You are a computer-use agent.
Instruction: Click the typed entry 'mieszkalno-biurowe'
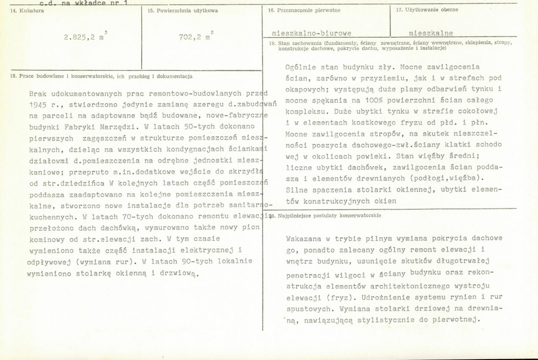[312, 33]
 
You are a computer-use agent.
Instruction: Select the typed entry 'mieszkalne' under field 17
[431, 33]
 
